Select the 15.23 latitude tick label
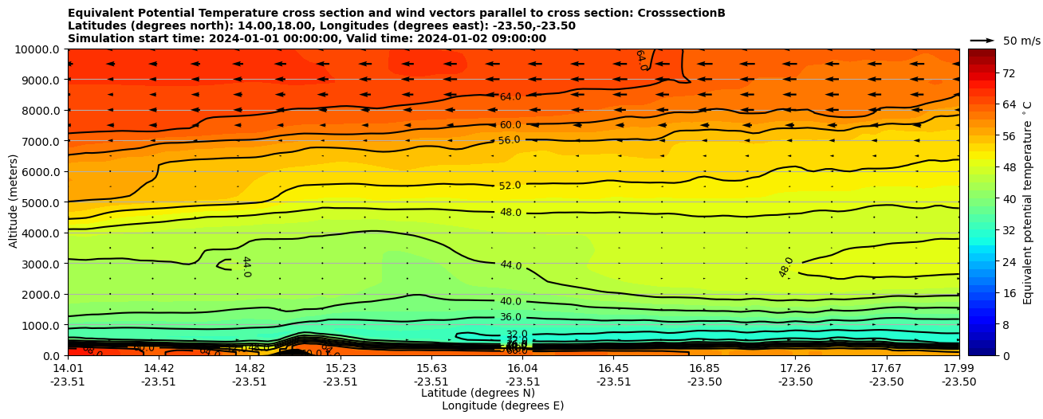(x=340, y=368)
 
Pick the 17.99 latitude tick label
(x=958, y=368)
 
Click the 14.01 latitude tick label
(x=68, y=368)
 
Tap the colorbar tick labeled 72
(x=986, y=73)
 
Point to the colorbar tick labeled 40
(x=986, y=199)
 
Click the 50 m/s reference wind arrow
(x=982, y=40)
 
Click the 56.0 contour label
(x=510, y=140)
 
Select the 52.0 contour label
(x=510, y=186)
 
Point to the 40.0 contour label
(x=510, y=301)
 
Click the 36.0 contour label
(x=510, y=317)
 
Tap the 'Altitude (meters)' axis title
(x=14, y=201)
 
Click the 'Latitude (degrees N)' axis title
(x=478, y=393)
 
